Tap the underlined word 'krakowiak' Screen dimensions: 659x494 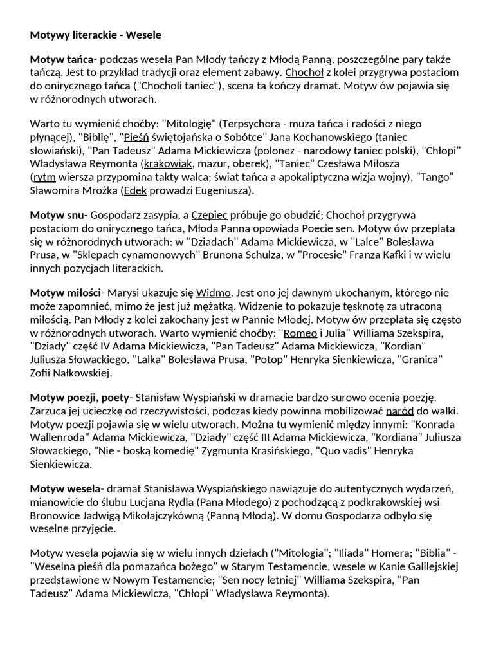[x=168, y=163]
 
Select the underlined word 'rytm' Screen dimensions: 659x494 [x=44, y=176]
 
